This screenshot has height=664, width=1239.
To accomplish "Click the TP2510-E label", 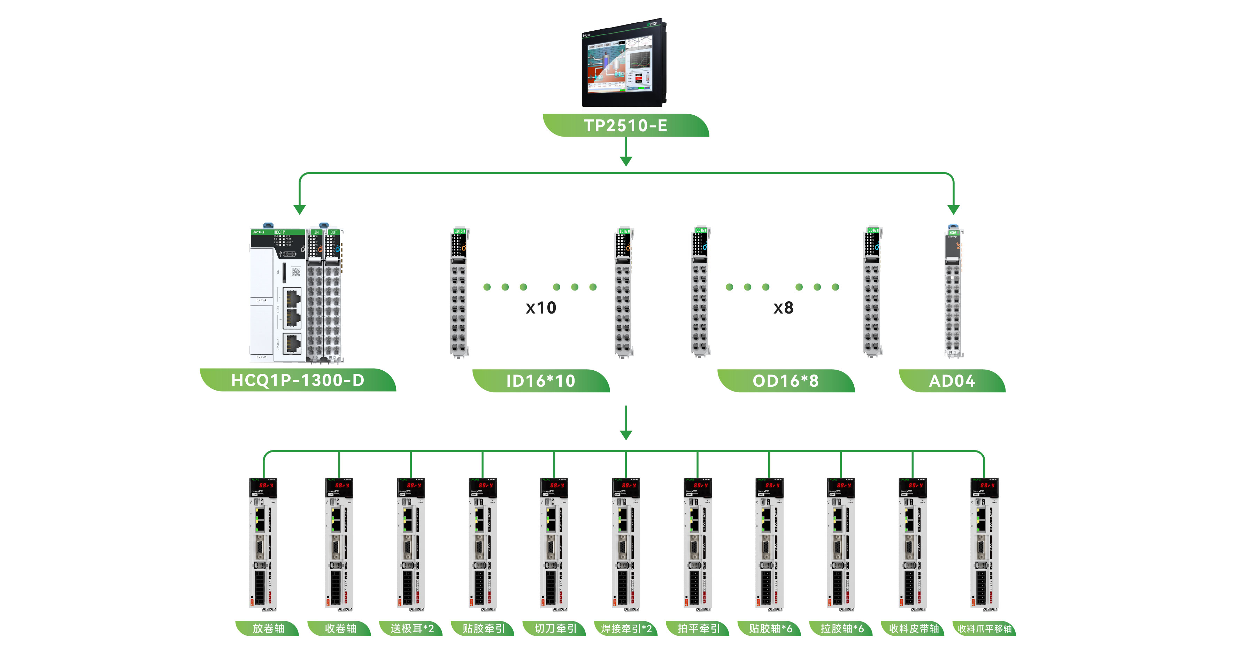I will pyautogui.click(x=625, y=125).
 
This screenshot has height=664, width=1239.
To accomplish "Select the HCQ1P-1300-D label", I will pyautogui.click(x=298, y=380).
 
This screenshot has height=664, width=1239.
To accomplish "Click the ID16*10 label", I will pyautogui.click(x=541, y=381).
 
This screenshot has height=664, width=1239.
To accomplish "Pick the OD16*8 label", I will pyautogui.click(x=785, y=381).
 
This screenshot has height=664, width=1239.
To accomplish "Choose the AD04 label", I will pyautogui.click(x=952, y=381).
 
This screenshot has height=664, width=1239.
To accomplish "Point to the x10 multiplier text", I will pyautogui.click(x=541, y=308).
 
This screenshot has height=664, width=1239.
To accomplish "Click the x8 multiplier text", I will pyautogui.click(x=783, y=308).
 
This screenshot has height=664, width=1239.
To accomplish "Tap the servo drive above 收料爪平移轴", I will pyautogui.click(x=984, y=544).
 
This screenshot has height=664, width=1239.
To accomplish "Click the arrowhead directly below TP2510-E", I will pyautogui.click(x=626, y=161).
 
